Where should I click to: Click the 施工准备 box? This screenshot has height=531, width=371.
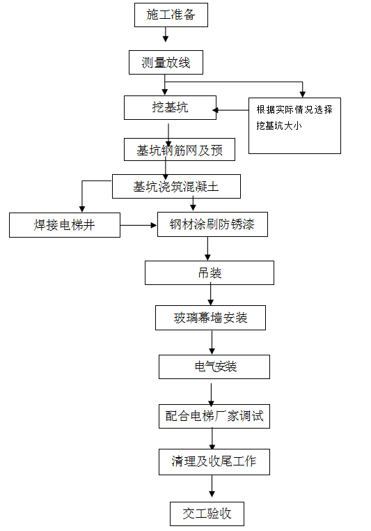pyautogui.click(x=171, y=15)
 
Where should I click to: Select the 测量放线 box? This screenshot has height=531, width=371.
pyautogui.click(x=166, y=62)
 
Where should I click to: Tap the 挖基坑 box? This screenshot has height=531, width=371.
pyautogui.click(x=170, y=108)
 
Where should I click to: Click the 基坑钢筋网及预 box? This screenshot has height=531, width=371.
pyautogui.click(x=180, y=149)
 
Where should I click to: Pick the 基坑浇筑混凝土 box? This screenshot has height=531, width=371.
pyautogui.click(x=176, y=186)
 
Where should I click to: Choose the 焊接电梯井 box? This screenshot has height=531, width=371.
pyautogui.click(x=65, y=225)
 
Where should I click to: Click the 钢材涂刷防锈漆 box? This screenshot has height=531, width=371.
pyautogui.click(x=212, y=224)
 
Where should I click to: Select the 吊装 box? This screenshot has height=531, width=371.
pyautogui.click(x=210, y=272)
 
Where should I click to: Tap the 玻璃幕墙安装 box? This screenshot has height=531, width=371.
pyautogui.click(x=210, y=318)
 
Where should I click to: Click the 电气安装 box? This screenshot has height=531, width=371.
pyautogui.click(x=214, y=367)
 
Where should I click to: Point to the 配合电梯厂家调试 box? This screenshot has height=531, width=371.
pyautogui.click(x=214, y=416)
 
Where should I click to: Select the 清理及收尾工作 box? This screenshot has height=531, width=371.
pyautogui.click(x=214, y=462)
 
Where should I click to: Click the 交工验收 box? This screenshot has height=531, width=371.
pyautogui.click(x=207, y=514)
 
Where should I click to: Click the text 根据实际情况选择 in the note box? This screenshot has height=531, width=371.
pyautogui.click(x=294, y=109)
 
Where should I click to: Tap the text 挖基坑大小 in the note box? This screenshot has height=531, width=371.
pyautogui.click(x=279, y=125)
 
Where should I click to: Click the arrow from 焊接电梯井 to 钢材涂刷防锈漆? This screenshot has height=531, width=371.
pyautogui.click(x=139, y=225)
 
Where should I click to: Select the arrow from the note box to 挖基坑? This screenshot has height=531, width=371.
pyautogui.click(x=230, y=110)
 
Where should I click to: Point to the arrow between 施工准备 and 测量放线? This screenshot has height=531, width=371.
pyautogui.click(x=166, y=35)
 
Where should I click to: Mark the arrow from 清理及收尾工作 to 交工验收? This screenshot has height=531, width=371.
pyautogui.click(x=212, y=486)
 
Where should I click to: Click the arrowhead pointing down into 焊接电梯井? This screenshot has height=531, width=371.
pyautogui.click(x=82, y=209)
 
